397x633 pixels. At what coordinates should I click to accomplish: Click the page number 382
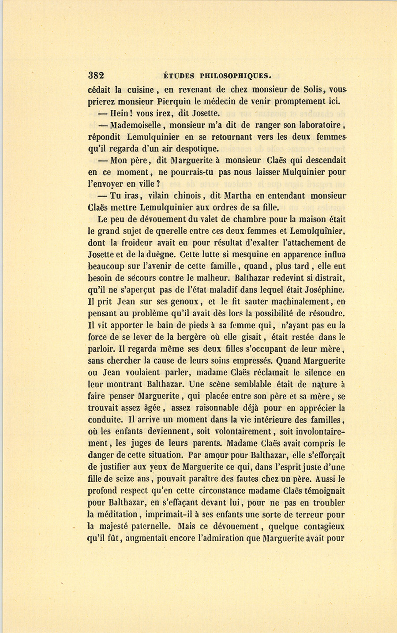tap(96, 75)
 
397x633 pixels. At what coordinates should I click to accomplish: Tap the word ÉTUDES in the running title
tap(176, 75)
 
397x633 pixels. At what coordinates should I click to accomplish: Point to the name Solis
tap(314, 89)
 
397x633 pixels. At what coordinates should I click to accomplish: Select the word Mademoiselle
tap(137, 125)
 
